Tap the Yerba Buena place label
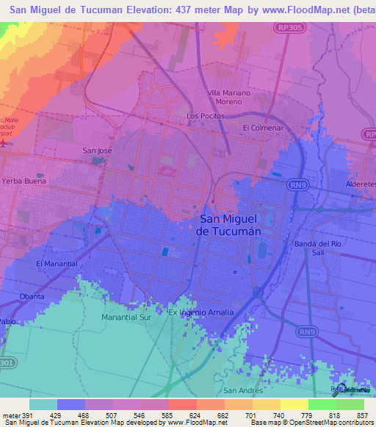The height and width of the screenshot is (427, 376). (x=23, y=180)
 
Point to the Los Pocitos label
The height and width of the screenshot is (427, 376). (x=204, y=116)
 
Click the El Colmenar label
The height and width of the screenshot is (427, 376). (x=262, y=128)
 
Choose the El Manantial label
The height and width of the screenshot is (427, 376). (x=55, y=263)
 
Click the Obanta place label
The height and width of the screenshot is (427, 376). (x=33, y=296)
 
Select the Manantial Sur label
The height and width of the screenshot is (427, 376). (x=128, y=318)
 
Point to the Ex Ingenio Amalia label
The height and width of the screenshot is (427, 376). (x=201, y=313)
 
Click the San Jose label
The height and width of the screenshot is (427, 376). (x=97, y=150)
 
